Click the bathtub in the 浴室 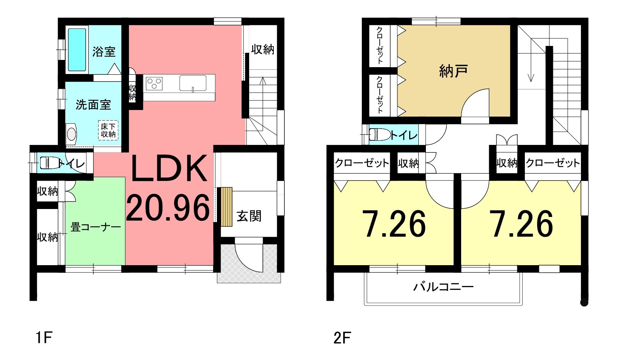click(x=77, y=50)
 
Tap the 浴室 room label click(x=104, y=52)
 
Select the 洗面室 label click(x=93, y=105)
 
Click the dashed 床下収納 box click(x=108, y=130)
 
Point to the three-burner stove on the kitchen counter click(x=154, y=83)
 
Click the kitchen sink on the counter click(x=193, y=83)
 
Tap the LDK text click(x=169, y=168)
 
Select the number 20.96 click(x=168, y=208)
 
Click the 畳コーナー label click(x=96, y=228)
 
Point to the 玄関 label click(x=249, y=216)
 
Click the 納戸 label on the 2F click(x=453, y=71)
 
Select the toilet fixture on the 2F click(x=380, y=135)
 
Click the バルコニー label click(x=443, y=287)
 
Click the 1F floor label click(x=44, y=337)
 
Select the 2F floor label click(x=342, y=338)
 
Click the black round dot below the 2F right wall click(x=584, y=302)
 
